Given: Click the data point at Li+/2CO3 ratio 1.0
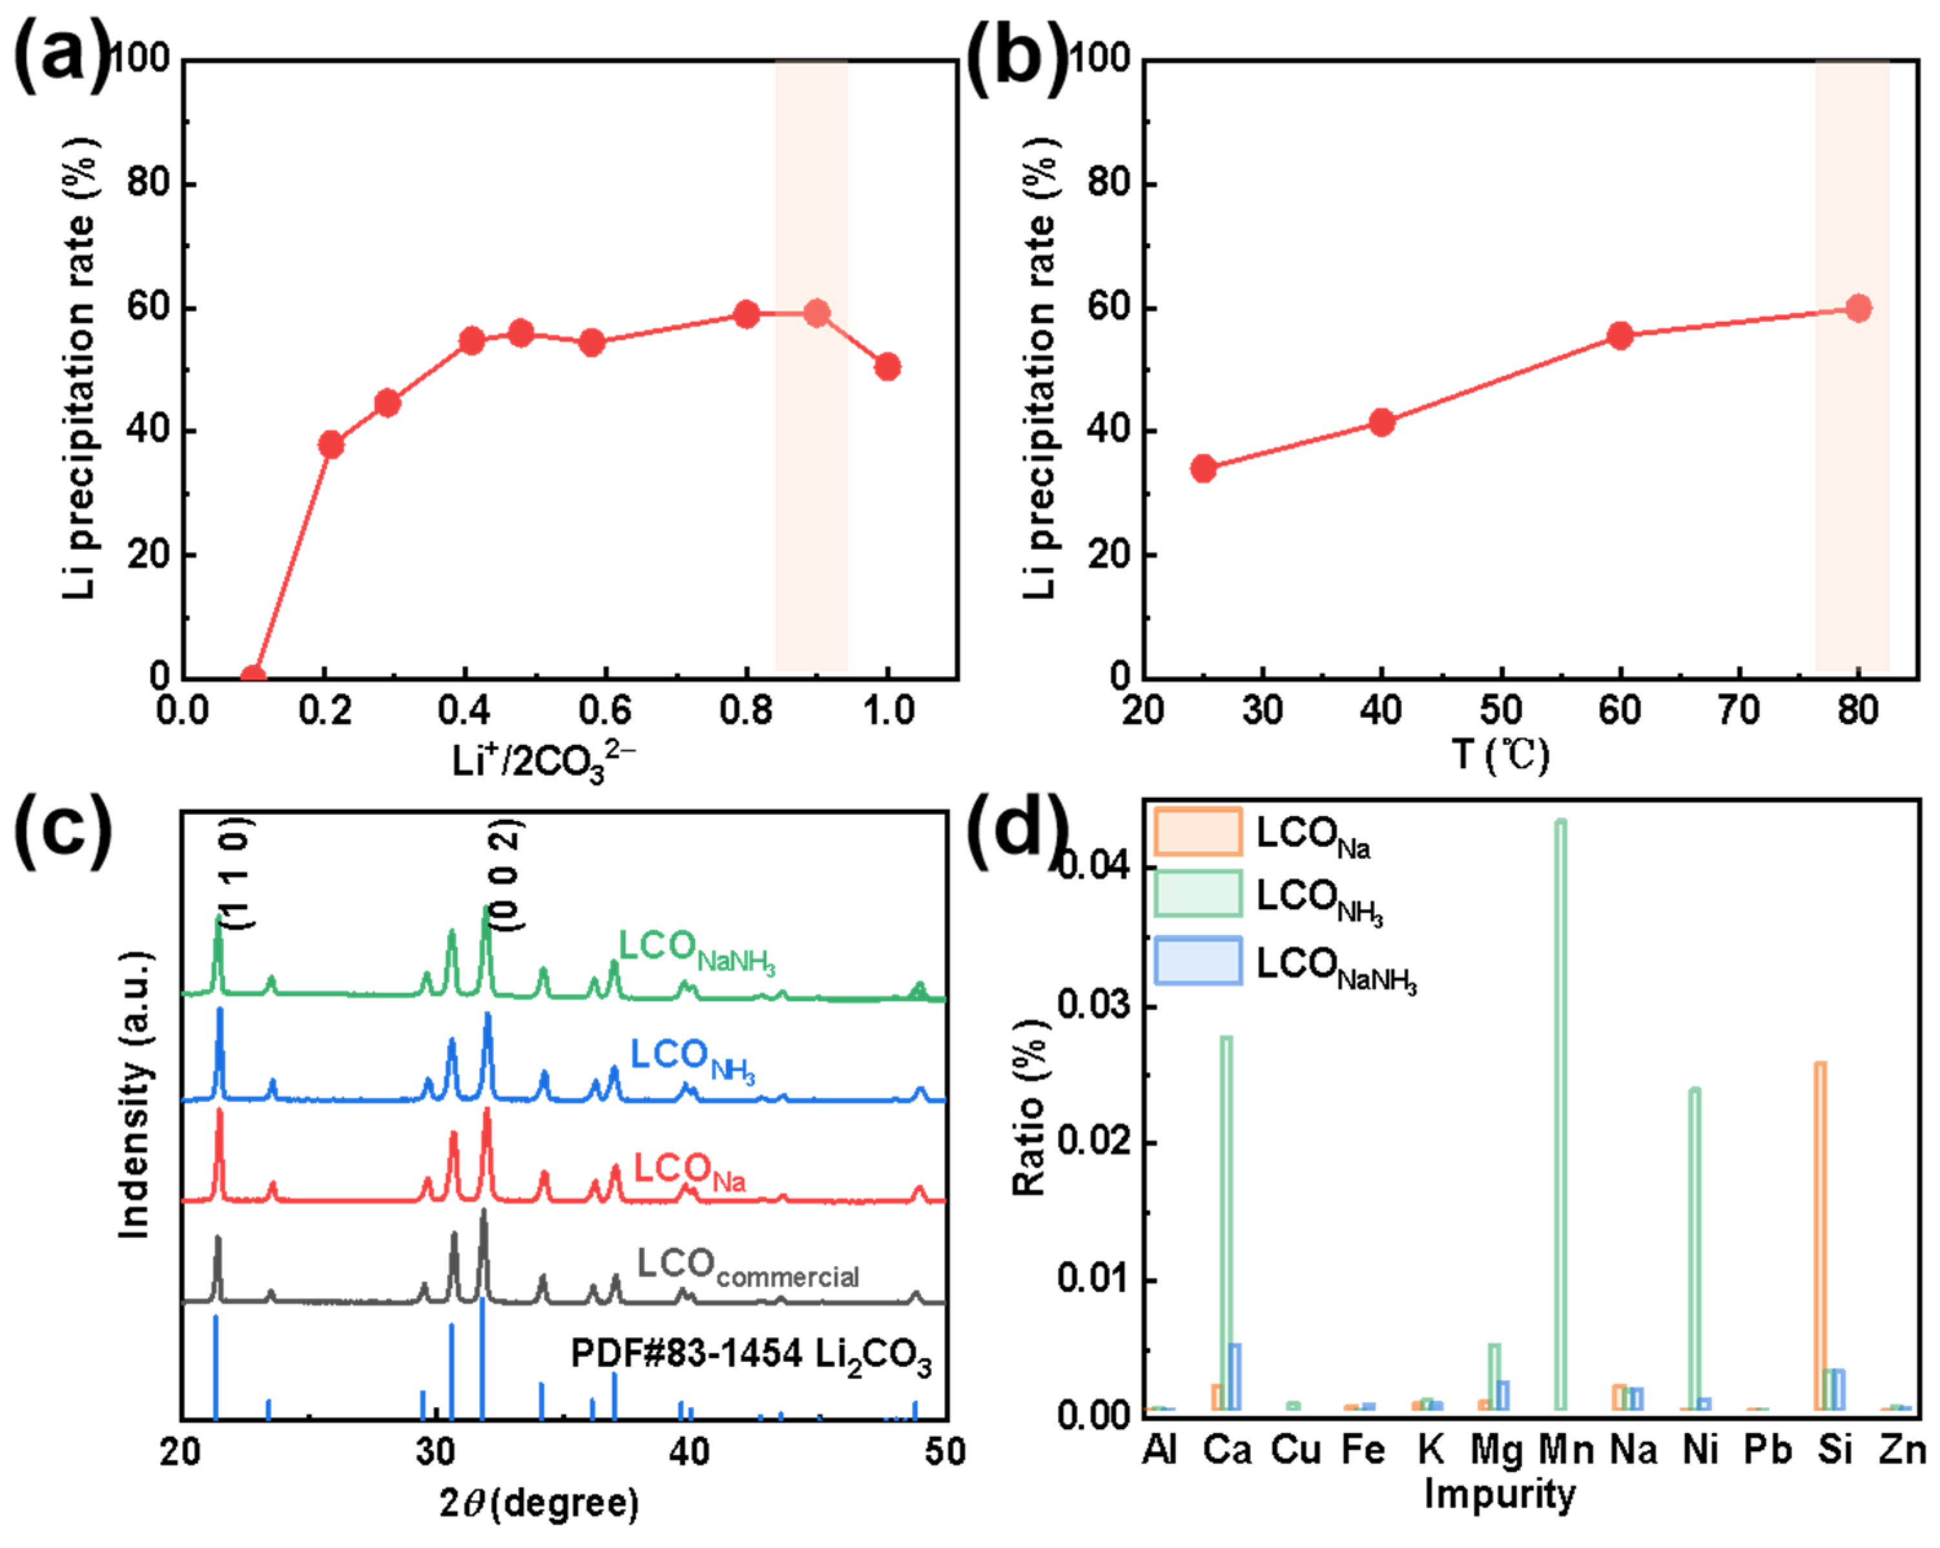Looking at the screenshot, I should pos(887,367).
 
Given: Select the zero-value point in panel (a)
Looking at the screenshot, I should pos(254,677).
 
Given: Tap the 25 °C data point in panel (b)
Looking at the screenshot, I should pos(1203,468).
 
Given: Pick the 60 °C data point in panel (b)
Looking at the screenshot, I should pos(1620,337).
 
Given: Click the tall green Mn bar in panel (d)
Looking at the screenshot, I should pos(1560,1116).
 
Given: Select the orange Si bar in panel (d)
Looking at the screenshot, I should pos(1819,1237).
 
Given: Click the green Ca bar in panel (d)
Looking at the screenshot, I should pos(1226,1224).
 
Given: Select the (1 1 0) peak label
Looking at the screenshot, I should pos(238,873).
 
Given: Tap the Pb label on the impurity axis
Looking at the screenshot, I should pos(1767,1450).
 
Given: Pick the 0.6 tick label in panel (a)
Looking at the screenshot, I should pos(606,711).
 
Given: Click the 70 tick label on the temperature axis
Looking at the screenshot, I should pos(1739,711).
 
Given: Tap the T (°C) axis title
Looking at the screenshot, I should pos(1501,754).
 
